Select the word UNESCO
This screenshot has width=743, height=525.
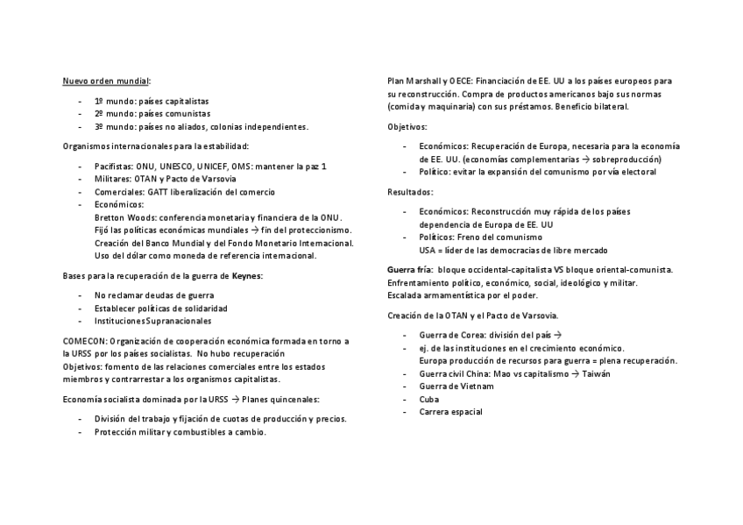coord(180,166)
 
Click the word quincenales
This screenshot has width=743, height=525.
coord(294,399)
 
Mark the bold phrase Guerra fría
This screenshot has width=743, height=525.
coord(409,269)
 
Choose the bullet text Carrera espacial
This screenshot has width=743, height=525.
coord(450,412)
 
